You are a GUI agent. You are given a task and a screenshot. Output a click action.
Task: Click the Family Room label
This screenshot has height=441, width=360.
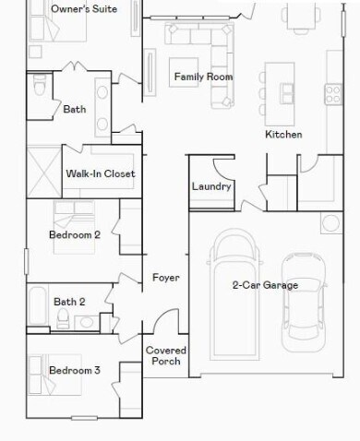pos(203,77)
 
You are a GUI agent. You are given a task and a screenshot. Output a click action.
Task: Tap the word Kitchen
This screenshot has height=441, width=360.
pos(283,135)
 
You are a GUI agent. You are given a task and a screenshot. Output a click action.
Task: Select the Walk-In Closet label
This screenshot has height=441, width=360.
pos(101,173)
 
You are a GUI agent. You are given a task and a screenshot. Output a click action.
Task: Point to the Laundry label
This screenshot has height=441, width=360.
pos(211,186)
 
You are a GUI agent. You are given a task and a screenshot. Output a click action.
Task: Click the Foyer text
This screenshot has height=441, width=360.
pos(166,277)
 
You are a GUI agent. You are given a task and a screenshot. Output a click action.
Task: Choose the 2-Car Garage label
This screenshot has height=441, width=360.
pos(265,285)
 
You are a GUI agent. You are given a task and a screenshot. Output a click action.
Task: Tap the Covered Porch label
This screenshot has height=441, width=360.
pos(166,356)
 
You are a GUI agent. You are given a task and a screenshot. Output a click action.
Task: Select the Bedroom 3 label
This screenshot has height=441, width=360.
pos(75,370)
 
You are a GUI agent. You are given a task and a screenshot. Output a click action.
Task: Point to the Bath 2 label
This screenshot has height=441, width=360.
pos(69,302)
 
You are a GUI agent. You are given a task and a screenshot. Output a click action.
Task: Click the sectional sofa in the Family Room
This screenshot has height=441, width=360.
pos(199,38)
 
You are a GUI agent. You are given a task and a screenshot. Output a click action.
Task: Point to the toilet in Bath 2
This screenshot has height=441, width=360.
pos(63,319)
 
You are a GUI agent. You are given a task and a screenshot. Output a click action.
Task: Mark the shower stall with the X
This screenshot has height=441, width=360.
pos(44,170)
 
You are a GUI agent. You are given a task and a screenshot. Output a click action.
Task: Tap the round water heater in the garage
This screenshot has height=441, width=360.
pos(329,223)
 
